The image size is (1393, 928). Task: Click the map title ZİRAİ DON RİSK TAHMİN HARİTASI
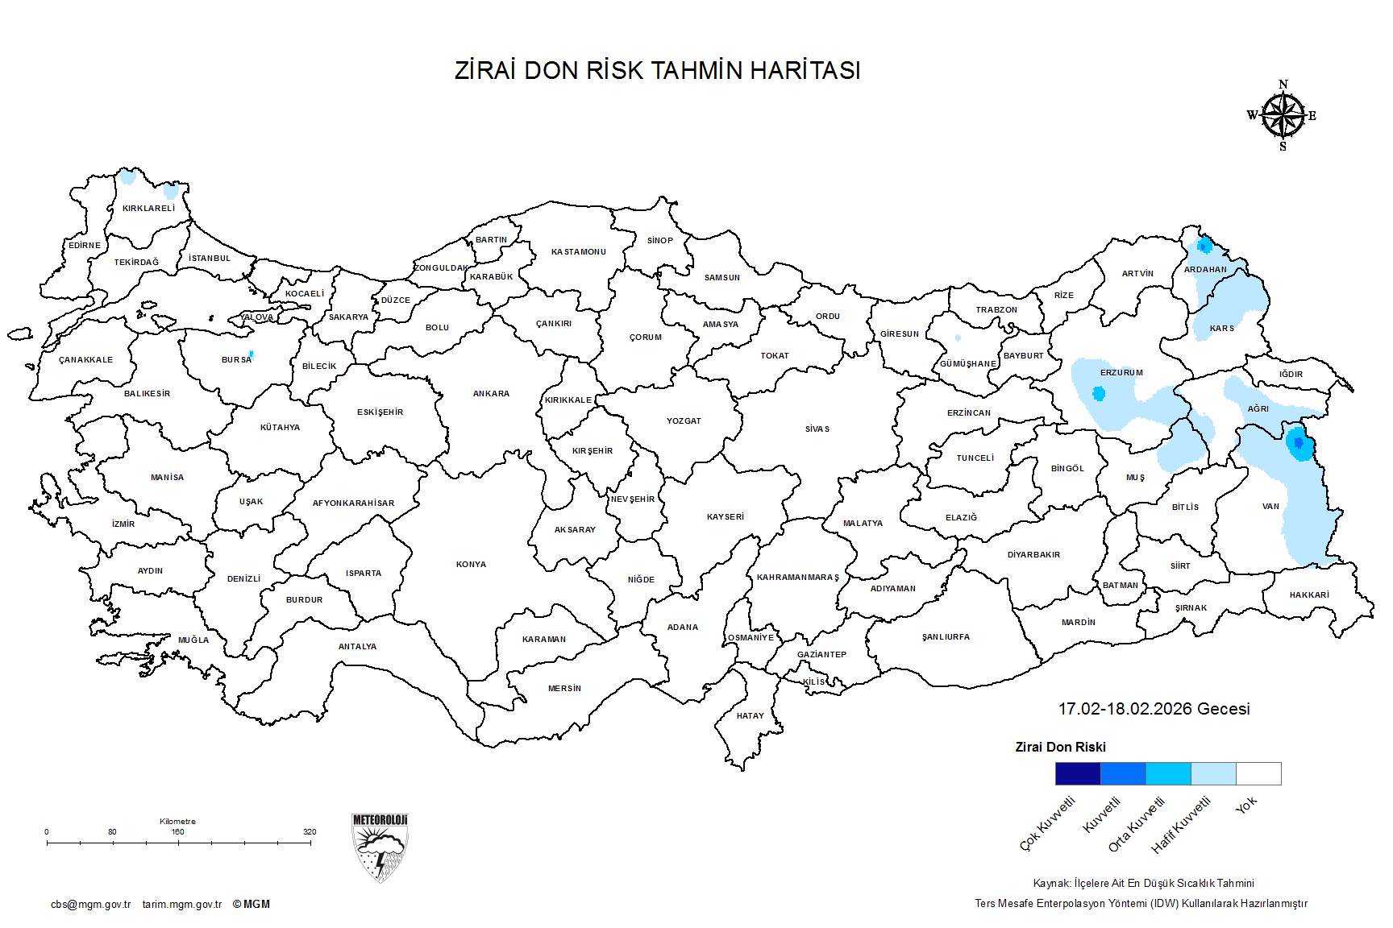pyautogui.click(x=657, y=71)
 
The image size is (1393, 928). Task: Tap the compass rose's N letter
pyautogui.click(x=1283, y=84)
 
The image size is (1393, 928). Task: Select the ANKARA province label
pyautogui.click(x=491, y=394)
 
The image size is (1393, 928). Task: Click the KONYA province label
pyautogui.click(x=471, y=565)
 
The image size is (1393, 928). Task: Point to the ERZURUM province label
pyautogui.click(x=1121, y=373)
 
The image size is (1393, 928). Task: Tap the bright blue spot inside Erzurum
pyautogui.click(x=1099, y=394)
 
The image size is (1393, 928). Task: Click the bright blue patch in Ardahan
pyautogui.click(x=1204, y=246)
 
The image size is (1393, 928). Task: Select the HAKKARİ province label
pyautogui.click(x=1309, y=595)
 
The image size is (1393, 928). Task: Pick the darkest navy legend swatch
pyautogui.click(x=1077, y=773)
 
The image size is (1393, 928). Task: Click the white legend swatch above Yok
pyautogui.click(x=1258, y=773)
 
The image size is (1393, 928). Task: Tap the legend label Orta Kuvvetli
pyautogui.click(x=1137, y=824)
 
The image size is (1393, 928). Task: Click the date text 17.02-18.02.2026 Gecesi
pyautogui.click(x=1154, y=709)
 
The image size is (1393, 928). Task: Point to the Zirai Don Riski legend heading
pyautogui.click(x=1060, y=747)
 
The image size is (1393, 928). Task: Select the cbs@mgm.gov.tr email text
pyautogui.click(x=90, y=904)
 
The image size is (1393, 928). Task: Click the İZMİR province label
pyautogui.click(x=123, y=524)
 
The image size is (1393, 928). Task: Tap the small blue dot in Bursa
pyautogui.click(x=252, y=354)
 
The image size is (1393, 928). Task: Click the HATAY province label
pyautogui.click(x=750, y=716)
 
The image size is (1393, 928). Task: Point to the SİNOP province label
pyautogui.click(x=659, y=241)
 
